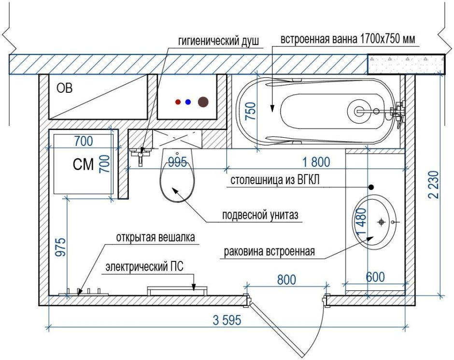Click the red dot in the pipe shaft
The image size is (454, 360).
coord(178,102)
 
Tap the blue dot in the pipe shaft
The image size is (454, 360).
coord(188,102)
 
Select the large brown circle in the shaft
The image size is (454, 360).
coord(203,102)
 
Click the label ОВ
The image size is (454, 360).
coord(65,88)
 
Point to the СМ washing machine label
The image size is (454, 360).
coord(83,165)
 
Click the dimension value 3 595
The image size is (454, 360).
coord(227,320)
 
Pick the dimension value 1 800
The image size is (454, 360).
coord(316,162)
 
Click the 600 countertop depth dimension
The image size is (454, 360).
coord(375,277)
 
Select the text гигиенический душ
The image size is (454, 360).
coord(218,42)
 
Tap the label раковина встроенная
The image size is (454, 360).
coord(269,252)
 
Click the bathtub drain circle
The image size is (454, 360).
coord(360,111)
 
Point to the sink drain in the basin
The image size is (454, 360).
coord(382,222)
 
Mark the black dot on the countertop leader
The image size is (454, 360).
coord(371,187)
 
